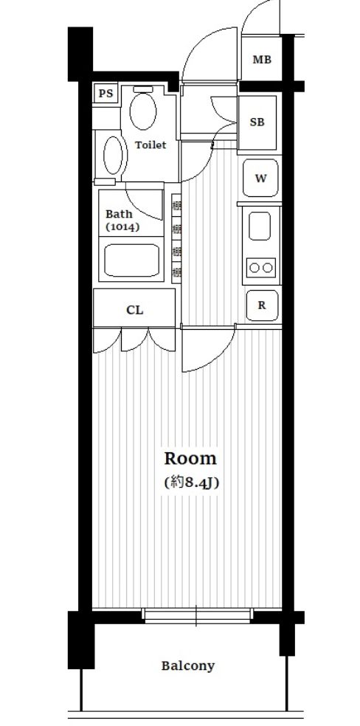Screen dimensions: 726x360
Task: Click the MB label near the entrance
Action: pyautogui.click(x=262, y=60)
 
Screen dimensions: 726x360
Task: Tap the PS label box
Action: pyautogui.click(x=106, y=94)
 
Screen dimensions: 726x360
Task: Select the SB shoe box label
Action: pyautogui.click(x=257, y=122)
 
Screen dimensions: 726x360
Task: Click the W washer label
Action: pyautogui.click(x=260, y=178)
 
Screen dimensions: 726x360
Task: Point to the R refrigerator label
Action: pyautogui.click(x=261, y=305)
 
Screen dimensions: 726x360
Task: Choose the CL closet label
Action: pyautogui.click(x=134, y=310)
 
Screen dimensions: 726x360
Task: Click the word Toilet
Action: pyautogui.click(x=150, y=145)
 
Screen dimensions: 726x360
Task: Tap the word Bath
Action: pyautogui.click(x=120, y=214)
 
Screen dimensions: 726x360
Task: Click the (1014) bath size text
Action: pyautogui.click(x=122, y=227)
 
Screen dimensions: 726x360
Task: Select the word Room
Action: pyautogui.click(x=190, y=458)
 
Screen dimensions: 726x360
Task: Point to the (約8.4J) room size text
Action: pyautogui.click(x=190, y=483)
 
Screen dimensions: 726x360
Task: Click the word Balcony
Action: pyautogui.click(x=188, y=665)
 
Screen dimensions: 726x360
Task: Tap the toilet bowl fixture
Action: pyautogui.click(x=143, y=109)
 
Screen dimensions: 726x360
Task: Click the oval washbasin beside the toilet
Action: pyautogui.click(x=114, y=154)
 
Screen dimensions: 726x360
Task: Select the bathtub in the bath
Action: pyautogui.click(x=132, y=261)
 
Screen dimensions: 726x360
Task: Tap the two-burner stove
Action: pyautogui.click(x=261, y=266)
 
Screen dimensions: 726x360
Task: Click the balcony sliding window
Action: pyautogui.click(x=197, y=615)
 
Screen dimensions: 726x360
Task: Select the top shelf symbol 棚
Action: pyautogui.click(x=177, y=205)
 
